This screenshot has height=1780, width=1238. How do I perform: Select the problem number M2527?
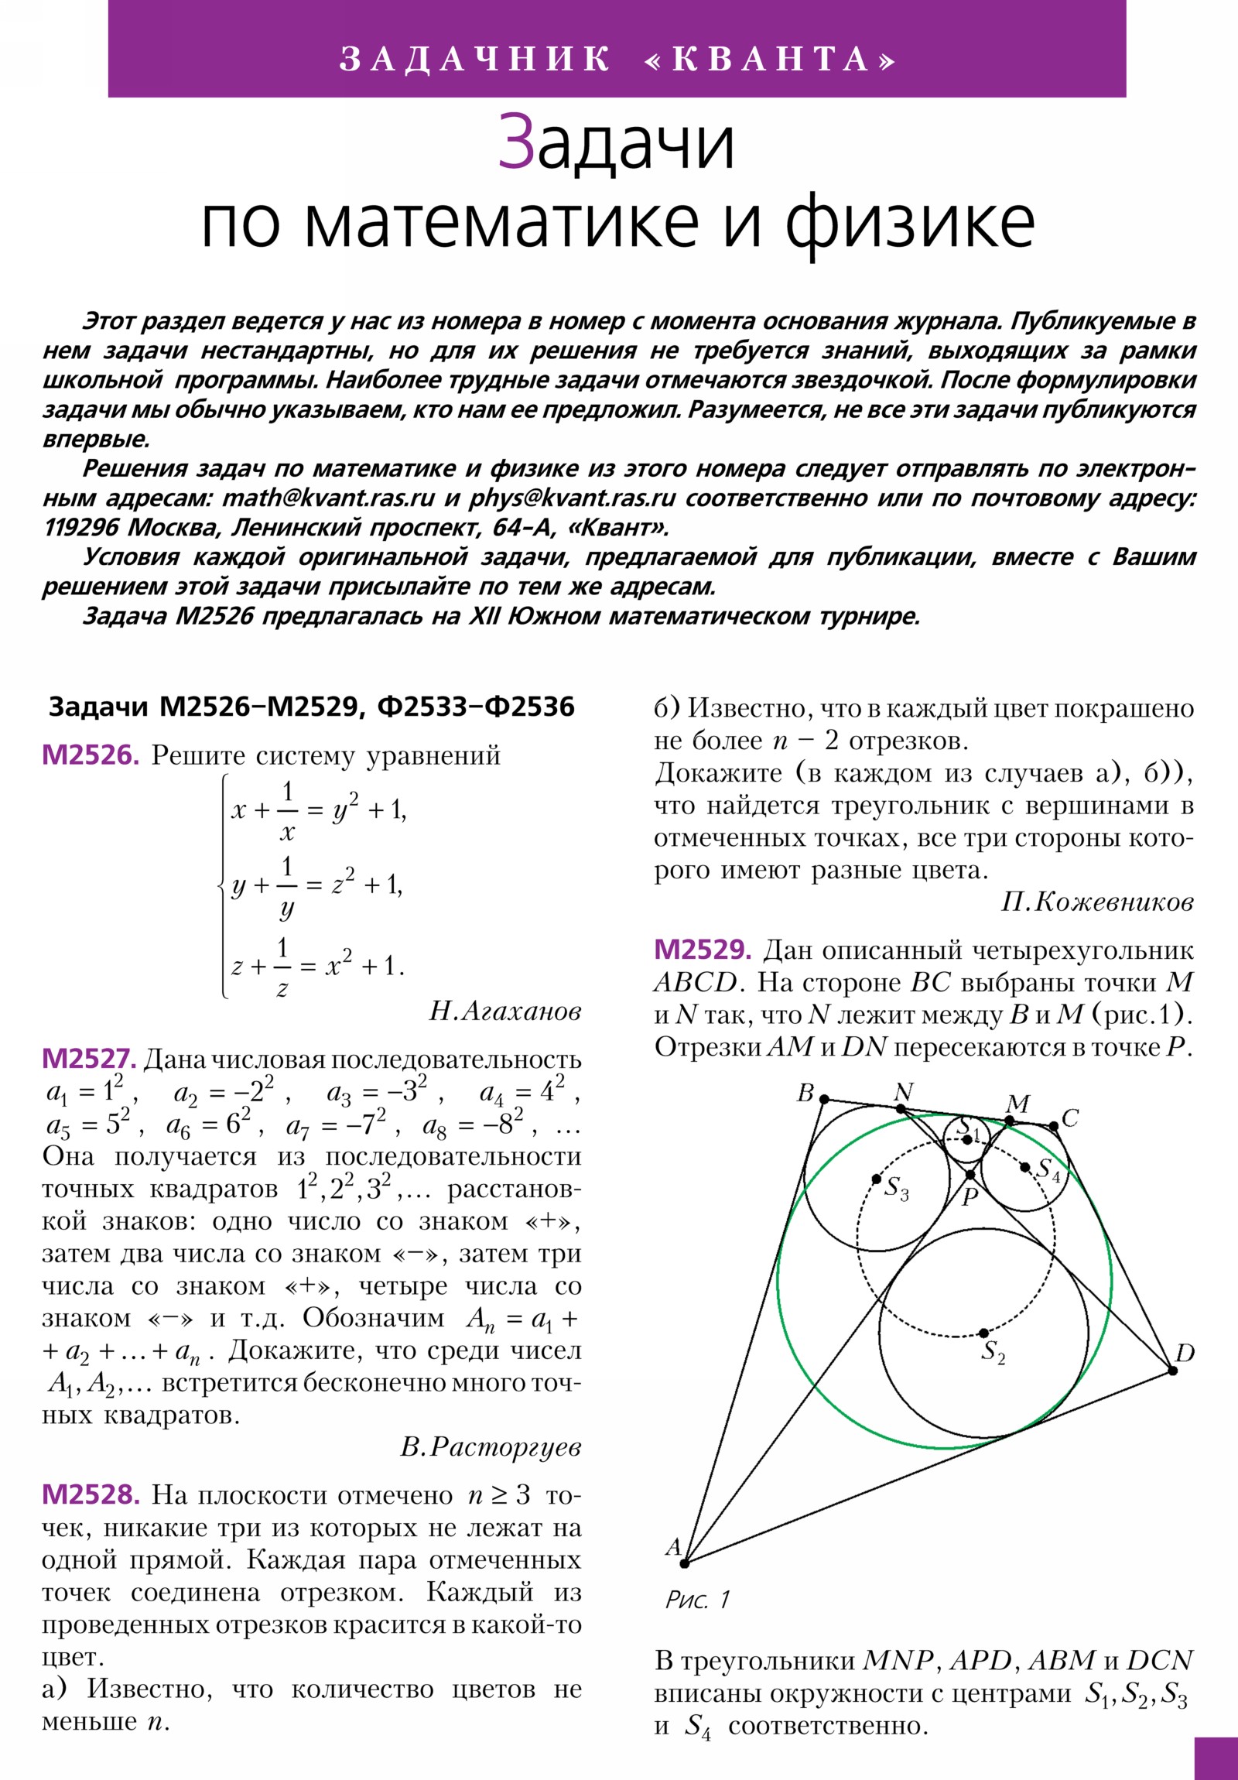click(89, 1058)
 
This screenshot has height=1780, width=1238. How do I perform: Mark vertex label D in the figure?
click(1185, 1354)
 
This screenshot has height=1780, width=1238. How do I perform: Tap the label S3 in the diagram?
click(896, 1187)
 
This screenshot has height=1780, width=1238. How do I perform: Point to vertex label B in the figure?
click(805, 1093)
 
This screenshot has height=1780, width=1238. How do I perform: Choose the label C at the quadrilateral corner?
click(1070, 1118)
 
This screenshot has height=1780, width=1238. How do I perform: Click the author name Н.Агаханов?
click(504, 1011)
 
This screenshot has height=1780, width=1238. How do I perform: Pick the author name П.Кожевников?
click(1097, 902)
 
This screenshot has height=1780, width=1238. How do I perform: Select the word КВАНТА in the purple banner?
click(771, 59)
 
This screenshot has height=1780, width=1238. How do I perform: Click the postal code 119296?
click(81, 527)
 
